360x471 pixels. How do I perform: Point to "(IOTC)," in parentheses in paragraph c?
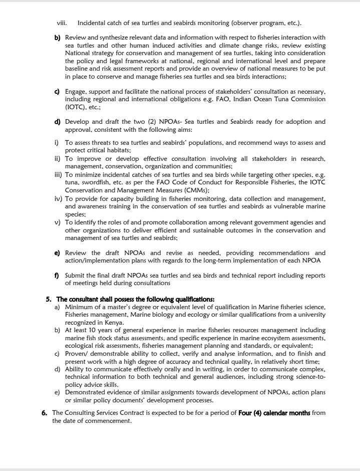click(76, 107)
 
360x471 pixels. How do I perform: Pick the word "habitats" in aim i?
click(118, 150)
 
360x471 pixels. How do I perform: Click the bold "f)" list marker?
click(57, 275)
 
